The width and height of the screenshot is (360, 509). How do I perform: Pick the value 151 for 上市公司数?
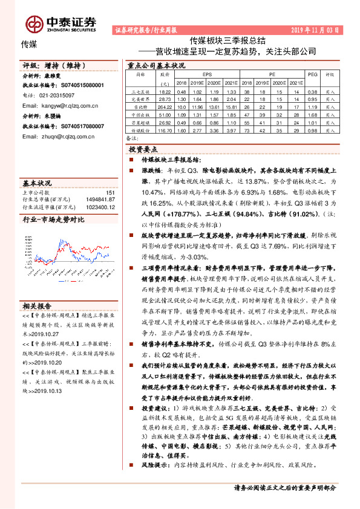[110, 192]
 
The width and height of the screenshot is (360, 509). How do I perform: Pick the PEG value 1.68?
[313, 114]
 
